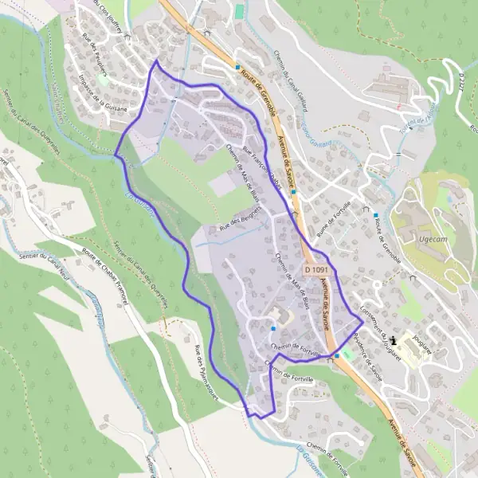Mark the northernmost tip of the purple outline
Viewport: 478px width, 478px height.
tap(156, 61)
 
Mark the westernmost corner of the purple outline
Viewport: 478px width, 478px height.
tap(116, 155)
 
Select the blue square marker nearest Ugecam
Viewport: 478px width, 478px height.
tap(376, 214)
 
